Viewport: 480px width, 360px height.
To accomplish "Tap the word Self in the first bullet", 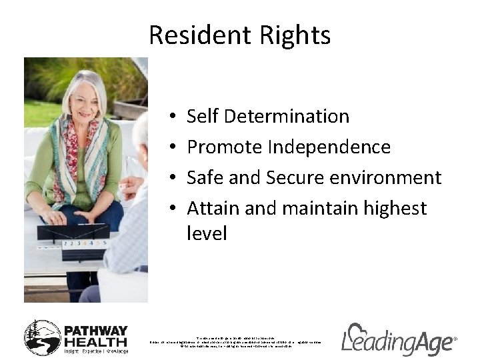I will [203, 116].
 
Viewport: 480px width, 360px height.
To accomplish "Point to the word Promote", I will [225, 147].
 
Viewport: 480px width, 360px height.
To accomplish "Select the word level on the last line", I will [207, 233].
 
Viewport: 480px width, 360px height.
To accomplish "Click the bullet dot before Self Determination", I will [172, 117].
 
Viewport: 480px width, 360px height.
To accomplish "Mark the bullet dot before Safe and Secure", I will [172, 179].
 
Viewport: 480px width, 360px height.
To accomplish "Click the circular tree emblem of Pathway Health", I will [42, 337].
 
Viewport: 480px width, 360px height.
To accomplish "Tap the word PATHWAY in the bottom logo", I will [95, 331].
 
